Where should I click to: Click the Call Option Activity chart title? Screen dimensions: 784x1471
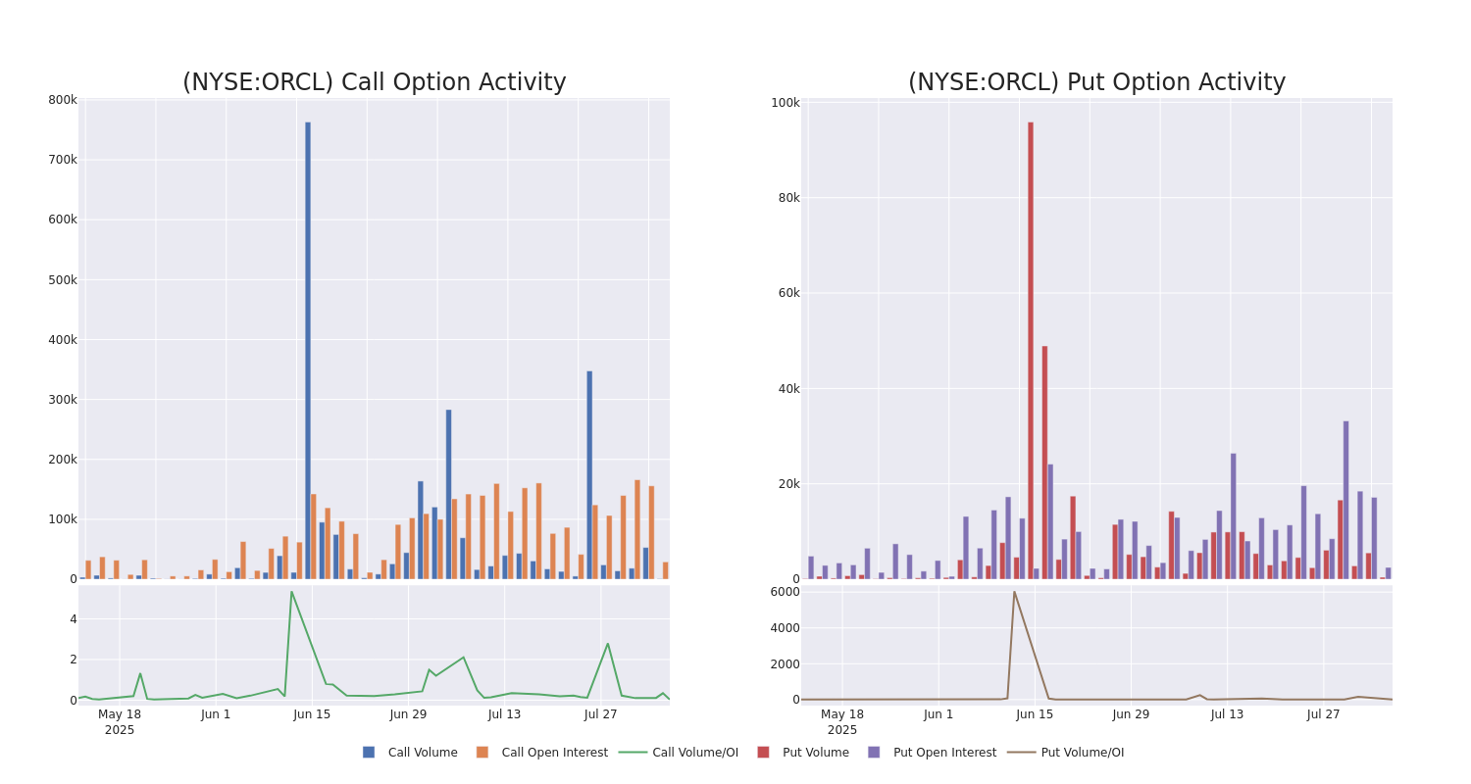point(374,82)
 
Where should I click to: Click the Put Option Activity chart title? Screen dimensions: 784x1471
point(1096,82)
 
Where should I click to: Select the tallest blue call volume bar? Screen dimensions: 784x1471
point(308,350)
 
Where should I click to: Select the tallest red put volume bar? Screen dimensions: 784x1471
point(1031,350)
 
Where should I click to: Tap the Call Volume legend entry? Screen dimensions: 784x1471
point(410,753)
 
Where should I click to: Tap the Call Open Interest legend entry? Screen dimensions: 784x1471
point(542,753)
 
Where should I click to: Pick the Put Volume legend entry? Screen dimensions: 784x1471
point(803,753)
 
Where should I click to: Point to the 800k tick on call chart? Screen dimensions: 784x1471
point(63,100)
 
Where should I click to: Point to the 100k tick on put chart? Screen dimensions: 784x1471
point(785,103)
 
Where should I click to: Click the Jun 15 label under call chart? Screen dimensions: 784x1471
point(312,714)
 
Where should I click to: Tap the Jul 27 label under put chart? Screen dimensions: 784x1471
point(1323,714)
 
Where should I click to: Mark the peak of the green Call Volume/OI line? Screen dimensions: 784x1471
point(291,592)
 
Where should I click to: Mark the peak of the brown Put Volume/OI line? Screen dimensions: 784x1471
point(1014,592)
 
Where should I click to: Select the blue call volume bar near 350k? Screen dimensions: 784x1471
point(589,474)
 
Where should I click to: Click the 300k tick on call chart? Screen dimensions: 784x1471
point(63,400)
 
